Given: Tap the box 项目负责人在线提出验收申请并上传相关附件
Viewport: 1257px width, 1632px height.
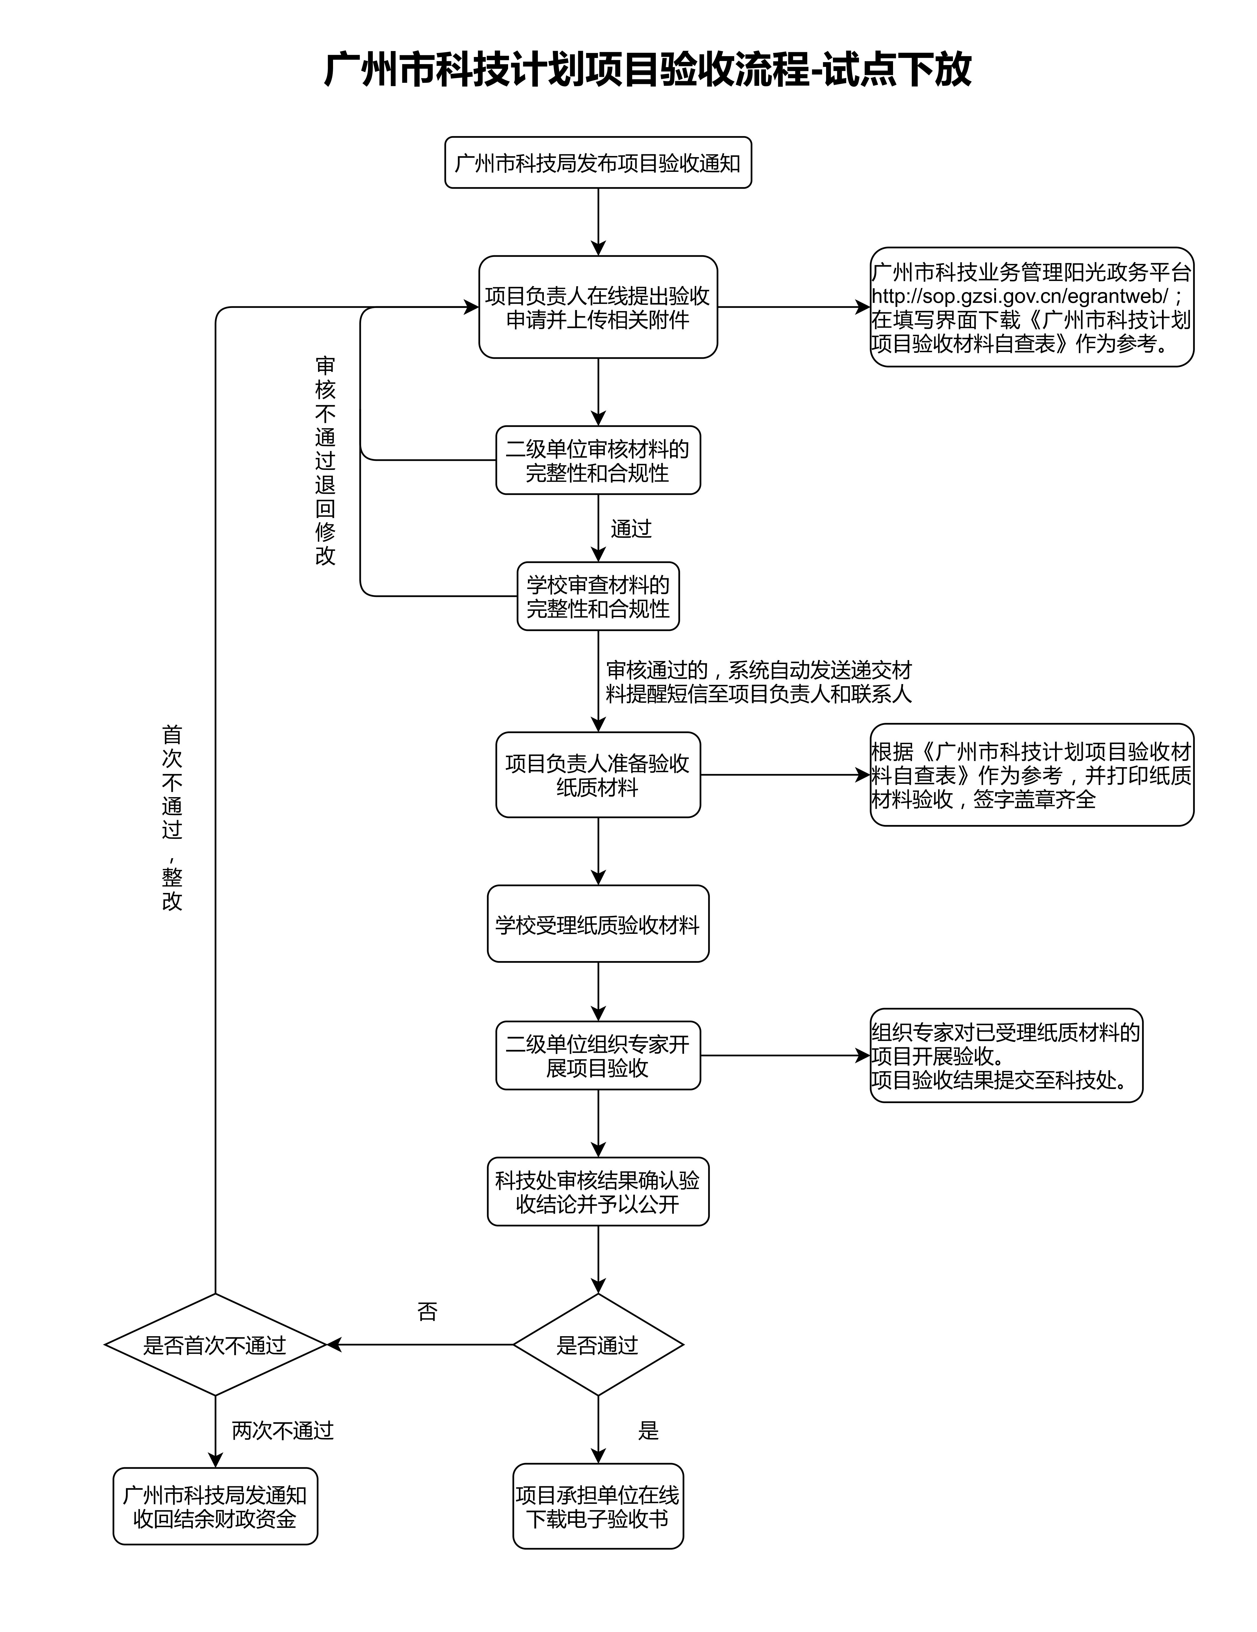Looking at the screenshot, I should click(x=598, y=307).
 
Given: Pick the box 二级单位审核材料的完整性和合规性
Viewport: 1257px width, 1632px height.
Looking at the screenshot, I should click(x=598, y=460).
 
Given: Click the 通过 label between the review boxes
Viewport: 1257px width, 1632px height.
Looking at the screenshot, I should click(x=631, y=529).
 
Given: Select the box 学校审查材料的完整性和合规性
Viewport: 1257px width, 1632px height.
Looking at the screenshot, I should click(x=598, y=596).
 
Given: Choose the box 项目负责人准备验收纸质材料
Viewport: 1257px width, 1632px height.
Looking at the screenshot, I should click(x=598, y=775).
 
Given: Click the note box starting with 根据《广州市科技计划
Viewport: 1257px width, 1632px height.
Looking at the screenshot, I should click(x=1031, y=775).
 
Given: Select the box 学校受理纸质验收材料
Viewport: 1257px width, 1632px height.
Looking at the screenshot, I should click(x=598, y=924).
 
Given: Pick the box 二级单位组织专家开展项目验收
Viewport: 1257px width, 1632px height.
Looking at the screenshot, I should click(x=598, y=1056).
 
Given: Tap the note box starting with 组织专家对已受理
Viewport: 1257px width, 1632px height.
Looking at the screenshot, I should click(x=1006, y=1056).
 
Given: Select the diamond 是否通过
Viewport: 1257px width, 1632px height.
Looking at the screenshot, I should click(x=598, y=1345).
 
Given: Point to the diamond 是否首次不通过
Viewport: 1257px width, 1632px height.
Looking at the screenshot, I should click(x=215, y=1345).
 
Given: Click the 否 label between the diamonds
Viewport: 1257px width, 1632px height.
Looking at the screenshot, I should click(x=427, y=1312).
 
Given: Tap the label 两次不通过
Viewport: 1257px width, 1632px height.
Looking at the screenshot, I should click(x=283, y=1430).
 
